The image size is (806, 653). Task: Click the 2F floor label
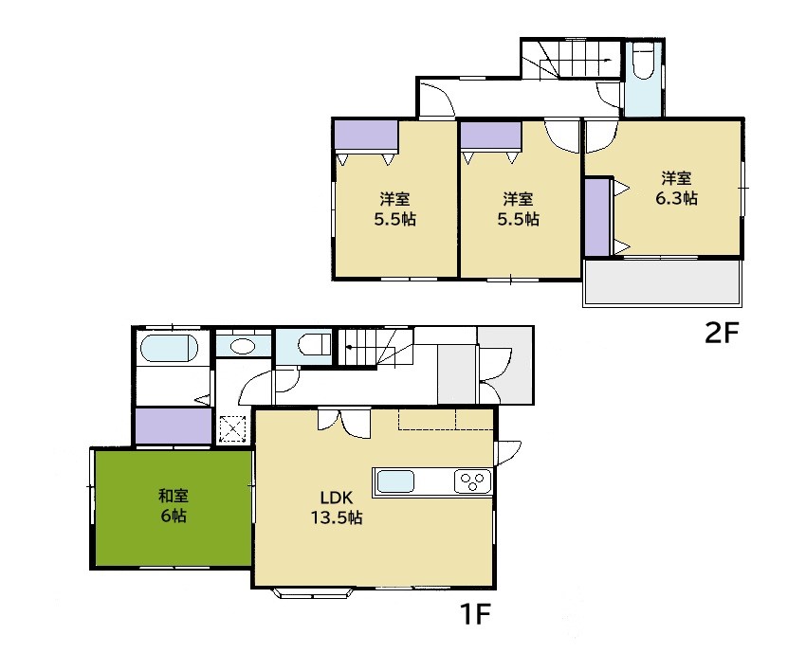tap(722, 334)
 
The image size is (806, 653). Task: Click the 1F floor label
tap(475, 613)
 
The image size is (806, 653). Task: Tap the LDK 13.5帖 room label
tap(337, 507)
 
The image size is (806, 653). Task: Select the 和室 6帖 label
tap(174, 505)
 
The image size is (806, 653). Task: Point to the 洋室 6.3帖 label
tap(676, 188)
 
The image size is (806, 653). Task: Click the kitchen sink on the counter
tap(395, 481)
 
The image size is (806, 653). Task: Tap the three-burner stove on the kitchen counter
tap(472, 481)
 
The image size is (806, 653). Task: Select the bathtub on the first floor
tap(169, 349)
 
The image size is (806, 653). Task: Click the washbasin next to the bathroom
tap(243, 346)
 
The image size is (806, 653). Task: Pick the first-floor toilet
tap(314, 344)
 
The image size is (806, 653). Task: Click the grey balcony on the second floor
tap(663, 282)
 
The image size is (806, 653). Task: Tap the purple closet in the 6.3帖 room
tap(597, 216)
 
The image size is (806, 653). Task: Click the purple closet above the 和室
tap(174, 426)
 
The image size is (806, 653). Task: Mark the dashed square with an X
tap(232, 429)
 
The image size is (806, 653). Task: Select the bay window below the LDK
tap(314, 593)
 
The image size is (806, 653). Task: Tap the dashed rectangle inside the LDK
tap(445, 419)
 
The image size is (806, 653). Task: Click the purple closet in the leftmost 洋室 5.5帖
tap(365, 135)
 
